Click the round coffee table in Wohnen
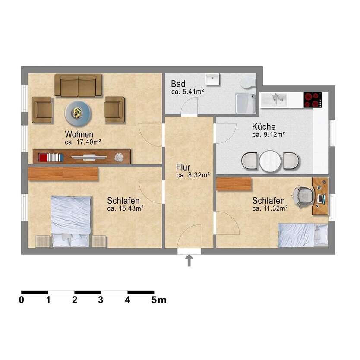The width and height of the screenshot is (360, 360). (78, 114)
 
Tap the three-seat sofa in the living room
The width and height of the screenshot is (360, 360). (78, 85)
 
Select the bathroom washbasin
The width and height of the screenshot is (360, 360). (212, 79)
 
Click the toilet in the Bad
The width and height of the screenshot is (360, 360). (249, 82)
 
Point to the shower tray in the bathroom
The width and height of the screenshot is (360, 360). (246, 103)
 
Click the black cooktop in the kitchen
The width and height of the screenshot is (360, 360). (313, 100)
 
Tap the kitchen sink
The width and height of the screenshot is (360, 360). (273, 100)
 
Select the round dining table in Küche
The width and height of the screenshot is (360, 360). (270, 161)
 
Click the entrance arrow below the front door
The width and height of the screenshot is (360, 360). (189, 260)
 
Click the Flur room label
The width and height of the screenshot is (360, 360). (183, 167)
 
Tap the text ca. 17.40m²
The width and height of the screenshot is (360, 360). (83, 142)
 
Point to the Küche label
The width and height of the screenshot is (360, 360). (264, 126)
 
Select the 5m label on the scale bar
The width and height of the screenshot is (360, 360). (159, 300)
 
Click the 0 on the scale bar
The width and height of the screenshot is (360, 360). (22, 300)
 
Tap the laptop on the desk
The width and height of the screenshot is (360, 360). (321, 199)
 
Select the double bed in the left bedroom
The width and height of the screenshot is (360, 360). (71, 221)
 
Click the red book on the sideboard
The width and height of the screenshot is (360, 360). (43, 158)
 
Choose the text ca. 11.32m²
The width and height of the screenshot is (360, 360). (270, 208)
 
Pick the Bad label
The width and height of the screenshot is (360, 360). (178, 84)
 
